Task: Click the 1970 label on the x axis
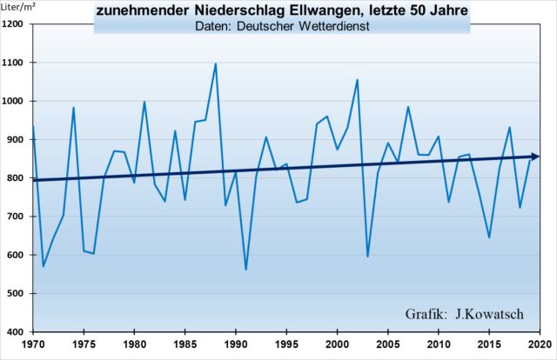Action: (x=33, y=343)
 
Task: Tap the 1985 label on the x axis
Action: (x=185, y=343)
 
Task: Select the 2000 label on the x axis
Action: (x=337, y=343)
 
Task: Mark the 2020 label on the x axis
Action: (x=540, y=343)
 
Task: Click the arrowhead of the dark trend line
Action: (x=534, y=157)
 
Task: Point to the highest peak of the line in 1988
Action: (x=215, y=63)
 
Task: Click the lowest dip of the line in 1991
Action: (x=245, y=270)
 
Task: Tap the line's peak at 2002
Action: (x=357, y=80)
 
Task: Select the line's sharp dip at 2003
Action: (x=367, y=257)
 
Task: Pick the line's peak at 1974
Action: (x=73, y=108)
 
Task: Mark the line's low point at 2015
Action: (x=489, y=237)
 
